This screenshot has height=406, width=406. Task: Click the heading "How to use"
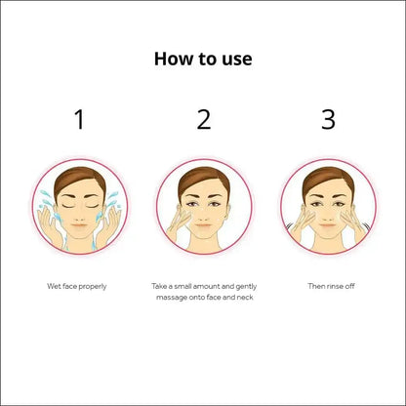[x=203, y=59]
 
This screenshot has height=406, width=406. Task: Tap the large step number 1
[x=79, y=120]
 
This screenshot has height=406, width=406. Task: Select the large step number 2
[x=203, y=120]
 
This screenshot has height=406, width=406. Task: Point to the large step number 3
[x=328, y=120]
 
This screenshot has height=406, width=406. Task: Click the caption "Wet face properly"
[x=77, y=286]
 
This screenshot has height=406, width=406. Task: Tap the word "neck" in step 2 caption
[x=246, y=297]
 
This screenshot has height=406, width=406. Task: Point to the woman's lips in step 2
[x=204, y=222]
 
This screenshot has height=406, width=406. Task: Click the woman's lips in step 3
[x=328, y=222]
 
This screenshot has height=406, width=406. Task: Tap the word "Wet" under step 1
[x=55, y=286]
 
